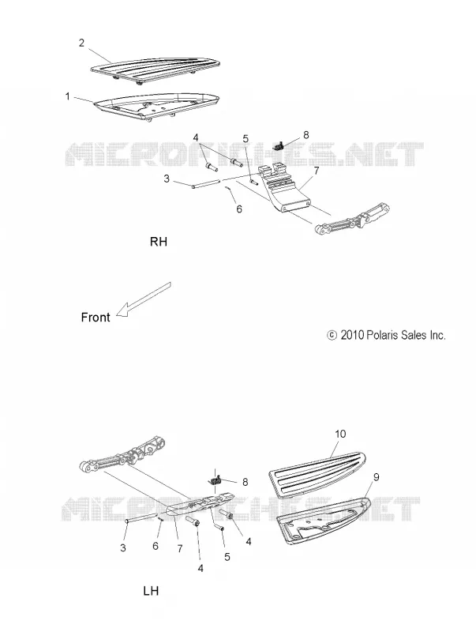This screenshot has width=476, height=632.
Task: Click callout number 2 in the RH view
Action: coord(82,43)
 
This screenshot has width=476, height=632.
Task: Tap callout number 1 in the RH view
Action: coord(68,96)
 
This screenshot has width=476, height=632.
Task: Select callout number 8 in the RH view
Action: coord(306,134)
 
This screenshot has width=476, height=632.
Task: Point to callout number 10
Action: coord(340,434)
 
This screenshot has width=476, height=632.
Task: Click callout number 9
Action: coord(376,477)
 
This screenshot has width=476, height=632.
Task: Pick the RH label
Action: coord(158,242)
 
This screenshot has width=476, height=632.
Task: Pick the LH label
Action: coord(151,591)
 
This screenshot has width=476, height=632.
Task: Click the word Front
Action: coord(96,318)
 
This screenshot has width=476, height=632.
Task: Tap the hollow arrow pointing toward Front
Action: coord(144,299)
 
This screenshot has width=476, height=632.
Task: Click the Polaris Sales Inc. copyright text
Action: coord(386,335)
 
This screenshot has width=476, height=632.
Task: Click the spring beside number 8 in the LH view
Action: coord(216,480)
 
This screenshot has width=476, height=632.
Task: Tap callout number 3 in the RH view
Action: coord(167,179)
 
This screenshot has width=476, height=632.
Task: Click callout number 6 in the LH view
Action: coord(156,546)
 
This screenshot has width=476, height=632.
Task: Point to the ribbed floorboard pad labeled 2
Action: coord(156,70)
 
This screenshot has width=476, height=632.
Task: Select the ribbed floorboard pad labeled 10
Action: coord(317,475)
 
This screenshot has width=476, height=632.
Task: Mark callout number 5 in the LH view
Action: coord(227,557)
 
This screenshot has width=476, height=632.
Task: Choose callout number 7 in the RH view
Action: coord(316,171)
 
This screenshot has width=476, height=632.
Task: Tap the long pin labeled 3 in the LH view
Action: coord(141,518)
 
